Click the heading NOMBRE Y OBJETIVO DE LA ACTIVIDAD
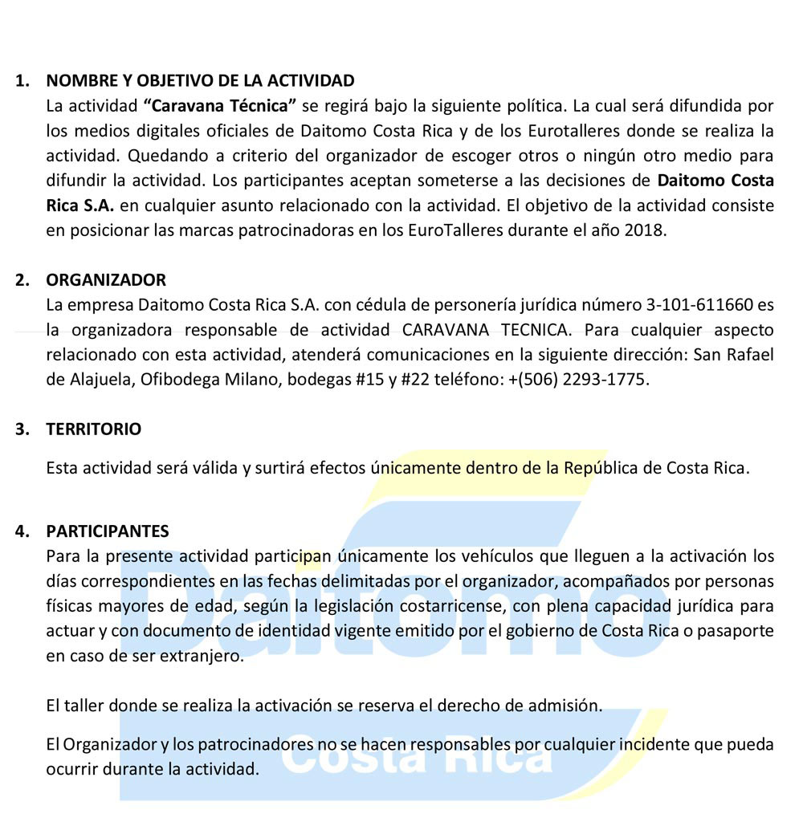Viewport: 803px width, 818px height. tap(200, 80)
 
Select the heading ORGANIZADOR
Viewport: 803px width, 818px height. tap(106, 280)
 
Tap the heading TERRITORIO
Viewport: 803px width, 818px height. tap(93, 429)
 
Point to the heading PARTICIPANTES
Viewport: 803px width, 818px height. tap(108, 531)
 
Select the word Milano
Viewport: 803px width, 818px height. tap(248, 380)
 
